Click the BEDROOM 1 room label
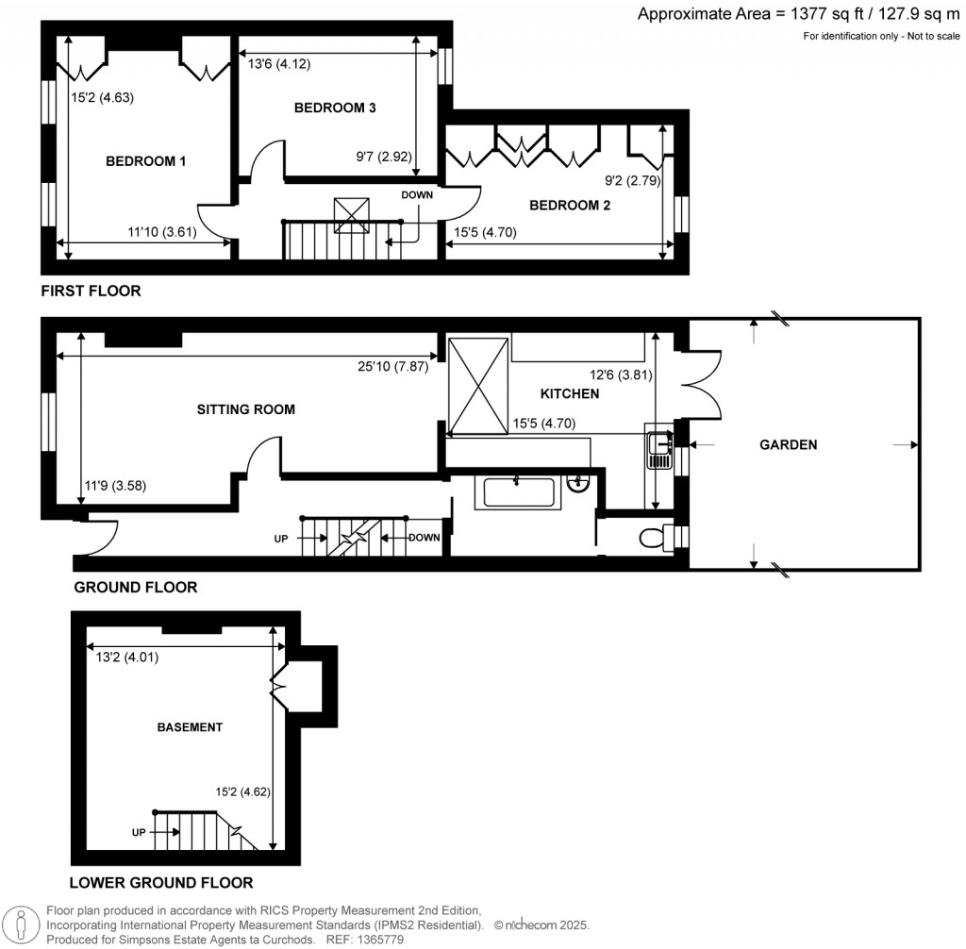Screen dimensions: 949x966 pos(144,161)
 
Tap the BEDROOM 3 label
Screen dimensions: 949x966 pos(335,108)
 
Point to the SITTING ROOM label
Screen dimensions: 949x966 pos(245,409)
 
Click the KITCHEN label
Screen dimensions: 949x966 pos(569,392)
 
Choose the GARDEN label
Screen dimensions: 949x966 pos(789,444)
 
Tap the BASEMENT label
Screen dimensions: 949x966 pos(189,727)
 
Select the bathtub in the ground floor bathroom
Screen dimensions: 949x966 pos(517,492)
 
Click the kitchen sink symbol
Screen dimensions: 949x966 pos(659,449)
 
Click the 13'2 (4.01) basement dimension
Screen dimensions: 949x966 pos(121,658)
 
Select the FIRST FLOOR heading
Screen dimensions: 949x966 pos(91,291)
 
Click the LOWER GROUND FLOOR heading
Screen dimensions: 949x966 pos(161,883)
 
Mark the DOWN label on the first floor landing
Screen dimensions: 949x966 pos(416,195)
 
